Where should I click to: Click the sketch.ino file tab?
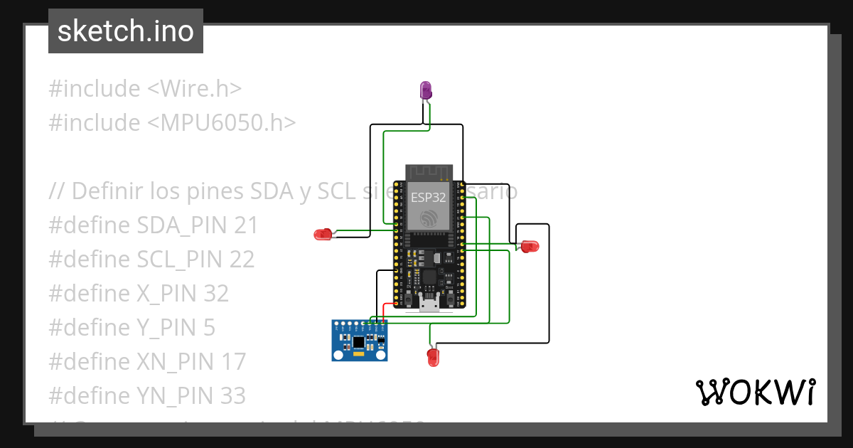[x=126, y=31]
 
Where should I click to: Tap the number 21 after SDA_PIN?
[x=245, y=225]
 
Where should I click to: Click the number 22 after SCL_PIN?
[x=242, y=260]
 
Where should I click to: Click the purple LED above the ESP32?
[x=426, y=90]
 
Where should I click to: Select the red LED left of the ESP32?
[x=323, y=234]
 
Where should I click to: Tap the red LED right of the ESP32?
[x=530, y=246]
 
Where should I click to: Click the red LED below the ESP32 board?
[x=432, y=357]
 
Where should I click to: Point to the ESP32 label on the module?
[x=428, y=198]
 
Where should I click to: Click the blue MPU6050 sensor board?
[x=359, y=341]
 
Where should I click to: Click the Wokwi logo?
[x=754, y=392]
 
